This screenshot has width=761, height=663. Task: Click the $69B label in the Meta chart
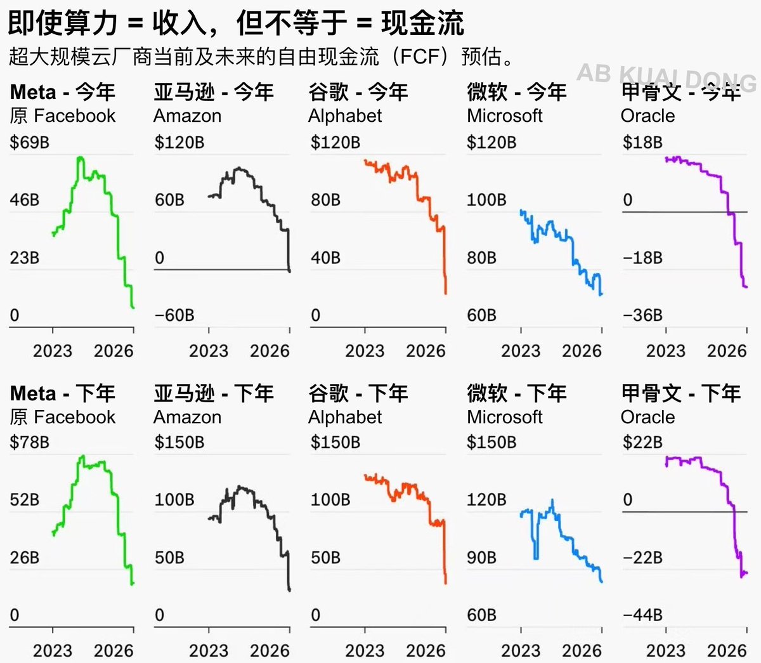click(29, 142)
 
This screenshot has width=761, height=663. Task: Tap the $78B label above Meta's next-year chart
click(29, 442)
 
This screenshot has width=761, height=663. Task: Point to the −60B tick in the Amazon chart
click(174, 315)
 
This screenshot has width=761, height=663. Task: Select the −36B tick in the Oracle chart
click(642, 315)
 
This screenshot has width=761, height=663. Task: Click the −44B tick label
click(642, 615)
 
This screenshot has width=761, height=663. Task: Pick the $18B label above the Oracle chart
click(642, 142)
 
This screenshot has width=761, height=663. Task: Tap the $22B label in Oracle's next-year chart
click(642, 442)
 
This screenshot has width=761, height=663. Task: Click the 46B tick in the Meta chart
click(24, 200)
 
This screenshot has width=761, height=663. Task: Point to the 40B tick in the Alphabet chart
click(325, 258)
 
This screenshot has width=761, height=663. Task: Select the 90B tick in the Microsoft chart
click(481, 558)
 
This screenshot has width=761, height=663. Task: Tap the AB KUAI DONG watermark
click(666, 76)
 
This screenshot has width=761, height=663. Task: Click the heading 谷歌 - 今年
click(358, 93)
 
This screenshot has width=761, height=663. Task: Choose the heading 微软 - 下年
click(517, 393)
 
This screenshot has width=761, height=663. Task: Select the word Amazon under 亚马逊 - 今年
click(188, 116)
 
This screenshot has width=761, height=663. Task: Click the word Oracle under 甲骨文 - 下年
click(647, 417)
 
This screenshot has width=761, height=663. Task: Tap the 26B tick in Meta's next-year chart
click(24, 558)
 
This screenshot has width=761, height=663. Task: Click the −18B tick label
click(642, 258)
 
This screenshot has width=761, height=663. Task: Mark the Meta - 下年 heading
click(63, 393)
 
